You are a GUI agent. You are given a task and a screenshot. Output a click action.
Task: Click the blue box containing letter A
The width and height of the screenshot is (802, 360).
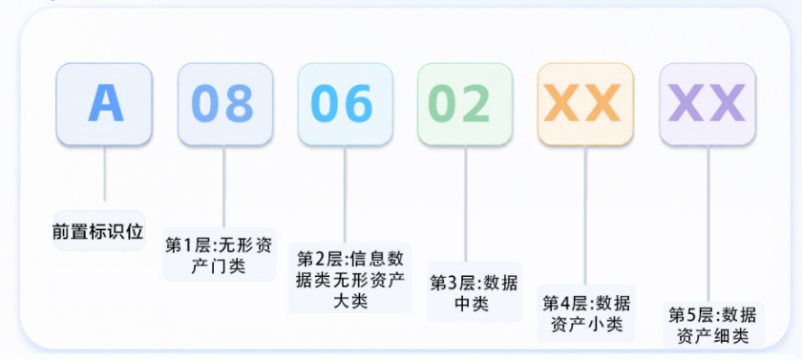tap(104, 104)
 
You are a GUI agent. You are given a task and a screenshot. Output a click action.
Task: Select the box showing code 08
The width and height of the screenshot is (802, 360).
tap(225, 104)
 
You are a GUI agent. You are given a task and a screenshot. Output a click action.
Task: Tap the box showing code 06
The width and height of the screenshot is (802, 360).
tap(346, 104)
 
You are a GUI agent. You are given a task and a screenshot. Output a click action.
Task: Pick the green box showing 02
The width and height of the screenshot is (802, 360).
tap(465, 104)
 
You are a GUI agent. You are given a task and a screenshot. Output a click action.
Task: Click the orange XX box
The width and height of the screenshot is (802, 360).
tap(585, 104)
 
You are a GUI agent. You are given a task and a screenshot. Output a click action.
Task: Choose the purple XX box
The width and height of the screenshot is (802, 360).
tap(707, 104)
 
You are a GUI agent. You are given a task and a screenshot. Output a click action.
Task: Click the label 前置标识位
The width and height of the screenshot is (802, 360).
tap(98, 231)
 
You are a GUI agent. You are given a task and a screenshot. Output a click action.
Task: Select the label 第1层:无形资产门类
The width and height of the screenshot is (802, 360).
tap(220, 255)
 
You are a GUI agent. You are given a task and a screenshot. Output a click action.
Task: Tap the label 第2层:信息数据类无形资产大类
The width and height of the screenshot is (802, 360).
tap(350, 279)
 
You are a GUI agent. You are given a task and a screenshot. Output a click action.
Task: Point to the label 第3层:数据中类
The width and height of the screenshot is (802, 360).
tap(475, 292)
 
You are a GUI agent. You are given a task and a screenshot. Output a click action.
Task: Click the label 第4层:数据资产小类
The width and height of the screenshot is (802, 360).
tap(586, 313)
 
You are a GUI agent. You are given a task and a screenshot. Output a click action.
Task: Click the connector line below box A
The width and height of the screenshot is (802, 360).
tap(105, 174)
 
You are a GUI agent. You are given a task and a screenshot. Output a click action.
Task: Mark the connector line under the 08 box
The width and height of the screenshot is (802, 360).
tap(224, 186)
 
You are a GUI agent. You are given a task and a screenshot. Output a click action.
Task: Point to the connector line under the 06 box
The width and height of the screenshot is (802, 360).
tap(345, 194)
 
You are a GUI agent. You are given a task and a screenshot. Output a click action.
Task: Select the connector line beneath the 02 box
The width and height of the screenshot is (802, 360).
tap(466, 204)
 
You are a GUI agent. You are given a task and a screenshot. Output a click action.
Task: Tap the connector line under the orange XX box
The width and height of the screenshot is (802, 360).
tap(585, 215)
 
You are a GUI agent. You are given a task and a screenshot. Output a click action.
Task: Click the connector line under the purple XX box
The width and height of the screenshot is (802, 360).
tap(708, 223)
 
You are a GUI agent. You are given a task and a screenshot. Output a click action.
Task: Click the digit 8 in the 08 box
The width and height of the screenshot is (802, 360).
tap(241, 104)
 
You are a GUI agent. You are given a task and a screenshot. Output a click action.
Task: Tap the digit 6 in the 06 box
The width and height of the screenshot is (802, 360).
tap(359, 104)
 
